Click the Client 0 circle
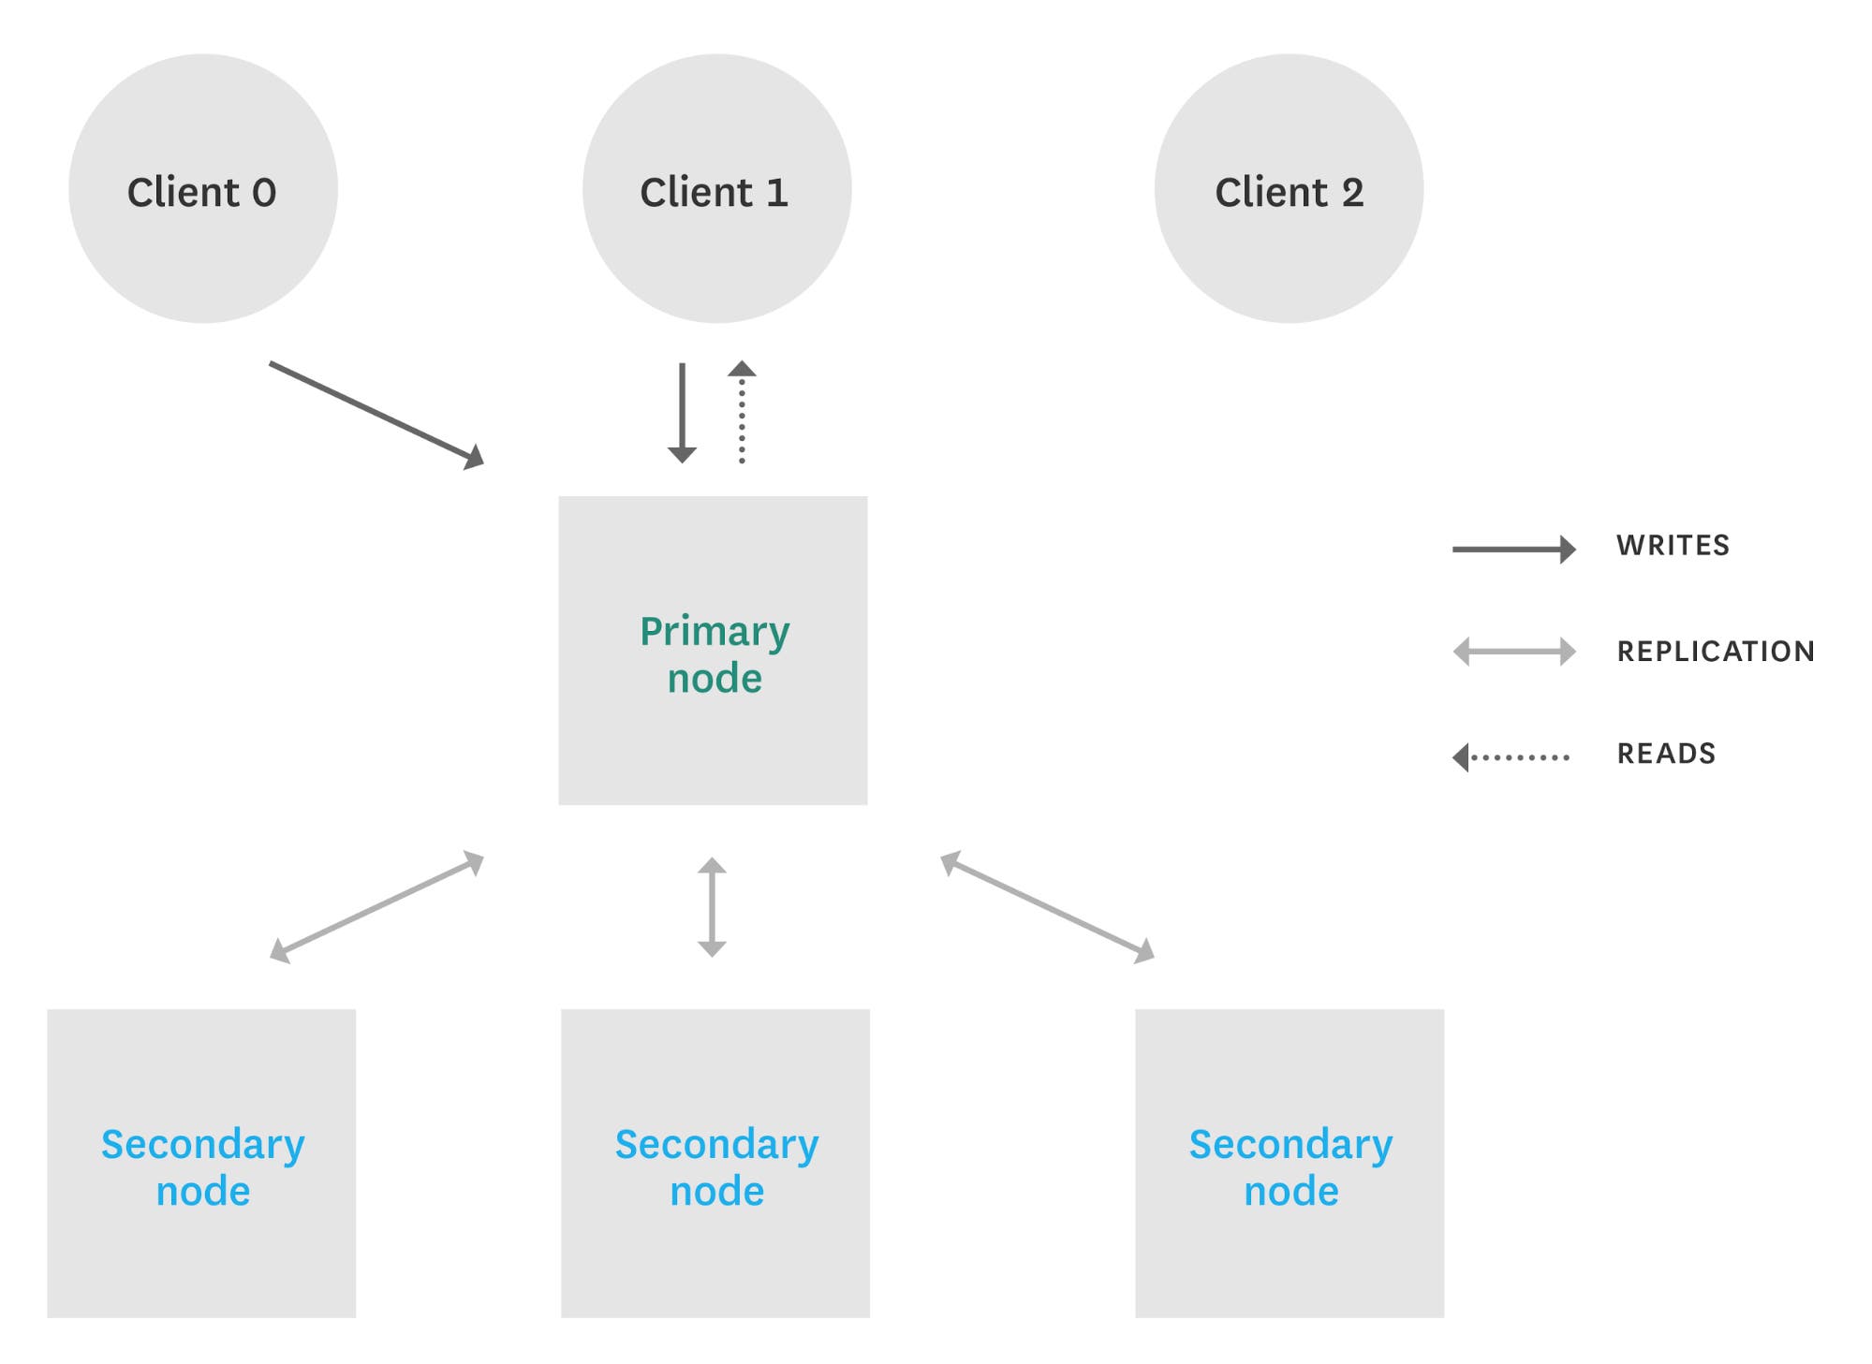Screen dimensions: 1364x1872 click(x=202, y=189)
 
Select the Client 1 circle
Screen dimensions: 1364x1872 click(x=716, y=189)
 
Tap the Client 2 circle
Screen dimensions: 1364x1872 click(x=1289, y=189)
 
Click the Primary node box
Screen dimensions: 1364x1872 click(x=713, y=651)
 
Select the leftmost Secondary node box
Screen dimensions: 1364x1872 click(x=201, y=1163)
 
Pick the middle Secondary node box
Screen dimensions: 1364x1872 click(x=715, y=1163)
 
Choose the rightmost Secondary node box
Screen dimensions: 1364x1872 click(x=1290, y=1163)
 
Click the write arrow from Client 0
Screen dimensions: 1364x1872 click(x=376, y=414)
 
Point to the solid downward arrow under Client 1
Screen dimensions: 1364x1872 click(x=682, y=412)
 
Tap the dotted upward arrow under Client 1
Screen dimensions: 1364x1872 click(x=742, y=412)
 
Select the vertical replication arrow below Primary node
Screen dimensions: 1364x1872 click(x=712, y=906)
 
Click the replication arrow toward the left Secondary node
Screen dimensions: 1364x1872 click(x=376, y=906)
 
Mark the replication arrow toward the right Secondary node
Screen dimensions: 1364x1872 click(x=1047, y=906)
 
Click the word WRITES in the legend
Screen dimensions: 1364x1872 click(x=1673, y=546)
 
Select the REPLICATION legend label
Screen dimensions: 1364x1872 click(x=1716, y=652)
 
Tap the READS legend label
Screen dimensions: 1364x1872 click(x=1666, y=754)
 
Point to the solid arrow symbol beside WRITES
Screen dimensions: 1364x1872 click(x=1513, y=549)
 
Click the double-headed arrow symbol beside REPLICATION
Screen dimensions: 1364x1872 click(x=1513, y=652)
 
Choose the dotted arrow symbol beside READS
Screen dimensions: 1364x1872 click(x=1511, y=756)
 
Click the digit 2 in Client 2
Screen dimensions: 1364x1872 click(x=1352, y=193)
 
